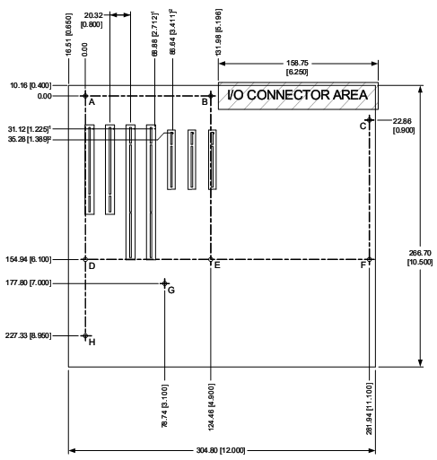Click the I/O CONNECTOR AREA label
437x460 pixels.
tap(297, 95)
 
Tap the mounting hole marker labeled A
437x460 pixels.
tap(85, 96)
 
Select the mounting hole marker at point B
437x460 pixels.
tap(211, 96)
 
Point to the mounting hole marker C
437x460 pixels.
tap(370, 120)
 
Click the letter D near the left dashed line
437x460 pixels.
tap(92, 265)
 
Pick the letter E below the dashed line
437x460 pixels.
tap(217, 265)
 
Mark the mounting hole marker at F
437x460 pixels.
tap(370, 259)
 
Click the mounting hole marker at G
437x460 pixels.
tap(164, 283)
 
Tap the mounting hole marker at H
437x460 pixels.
tap(85, 336)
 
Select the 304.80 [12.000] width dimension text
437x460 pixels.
tap(221, 450)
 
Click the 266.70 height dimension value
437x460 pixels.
tap(420, 253)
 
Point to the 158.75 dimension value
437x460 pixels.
tap(297, 63)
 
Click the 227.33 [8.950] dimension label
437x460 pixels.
tap(28, 335)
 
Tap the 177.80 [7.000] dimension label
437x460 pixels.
tap(29, 282)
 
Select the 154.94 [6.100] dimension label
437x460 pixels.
tap(29, 259)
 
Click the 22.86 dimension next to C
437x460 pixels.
tap(402, 121)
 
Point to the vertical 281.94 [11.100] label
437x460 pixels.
tap(370, 409)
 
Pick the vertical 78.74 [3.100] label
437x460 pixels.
tap(164, 406)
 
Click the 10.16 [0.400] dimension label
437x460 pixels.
tap(31, 85)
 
